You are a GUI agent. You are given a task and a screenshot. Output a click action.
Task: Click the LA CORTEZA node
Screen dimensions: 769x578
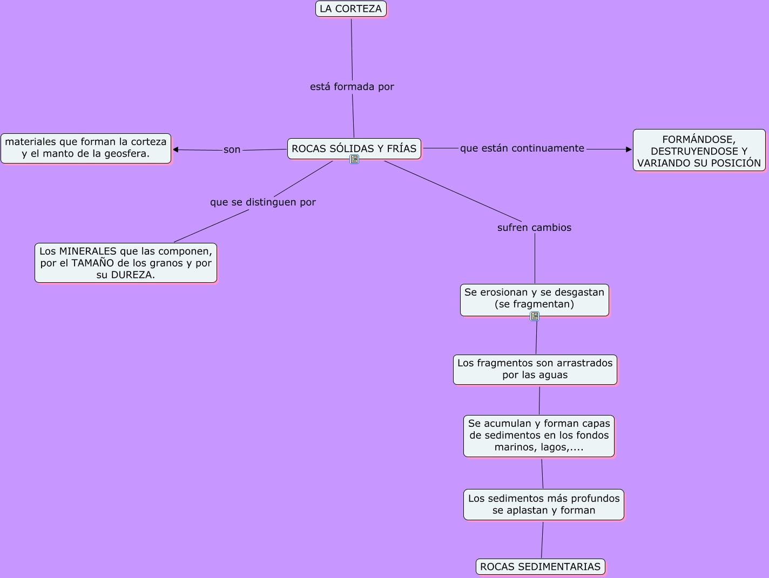click(351, 9)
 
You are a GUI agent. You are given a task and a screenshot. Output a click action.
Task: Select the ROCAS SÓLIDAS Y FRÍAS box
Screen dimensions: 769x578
click(354, 148)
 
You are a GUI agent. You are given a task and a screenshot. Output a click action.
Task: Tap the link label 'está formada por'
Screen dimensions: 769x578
click(352, 87)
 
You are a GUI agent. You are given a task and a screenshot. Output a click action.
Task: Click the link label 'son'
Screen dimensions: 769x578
click(232, 150)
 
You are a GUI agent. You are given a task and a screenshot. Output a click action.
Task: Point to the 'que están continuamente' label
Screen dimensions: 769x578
click(522, 148)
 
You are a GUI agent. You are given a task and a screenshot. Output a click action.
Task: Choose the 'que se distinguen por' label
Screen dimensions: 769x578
click(262, 202)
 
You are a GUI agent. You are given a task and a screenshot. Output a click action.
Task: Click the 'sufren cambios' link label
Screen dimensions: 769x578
click(534, 228)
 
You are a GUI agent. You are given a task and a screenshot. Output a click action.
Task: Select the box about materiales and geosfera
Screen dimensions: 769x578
click(86, 148)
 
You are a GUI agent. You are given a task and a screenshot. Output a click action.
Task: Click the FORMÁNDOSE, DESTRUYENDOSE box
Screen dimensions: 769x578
click(699, 151)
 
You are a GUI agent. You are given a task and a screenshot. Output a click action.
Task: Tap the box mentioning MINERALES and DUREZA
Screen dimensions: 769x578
click(126, 263)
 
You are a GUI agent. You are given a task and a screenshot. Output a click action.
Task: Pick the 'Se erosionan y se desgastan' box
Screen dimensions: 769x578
click(534, 298)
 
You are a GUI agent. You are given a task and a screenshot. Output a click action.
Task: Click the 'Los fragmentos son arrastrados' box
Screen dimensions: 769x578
click(535, 369)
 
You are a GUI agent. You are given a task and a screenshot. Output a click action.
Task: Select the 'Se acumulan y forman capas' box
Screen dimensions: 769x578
click(539, 436)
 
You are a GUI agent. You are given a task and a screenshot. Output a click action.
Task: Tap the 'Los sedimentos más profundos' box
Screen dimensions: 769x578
click(543, 504)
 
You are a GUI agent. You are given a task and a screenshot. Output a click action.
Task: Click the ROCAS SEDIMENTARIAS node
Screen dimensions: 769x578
click(540, 567)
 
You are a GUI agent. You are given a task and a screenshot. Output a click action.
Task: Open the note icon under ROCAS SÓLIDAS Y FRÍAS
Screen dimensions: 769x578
click(354, 159)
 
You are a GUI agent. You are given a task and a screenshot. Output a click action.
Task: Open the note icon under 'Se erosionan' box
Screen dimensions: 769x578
click(535, 316)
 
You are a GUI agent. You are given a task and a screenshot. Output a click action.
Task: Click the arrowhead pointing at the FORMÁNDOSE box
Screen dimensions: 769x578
click(629, 149)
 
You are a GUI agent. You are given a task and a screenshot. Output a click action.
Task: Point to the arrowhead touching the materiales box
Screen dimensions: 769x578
click(176, 149)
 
